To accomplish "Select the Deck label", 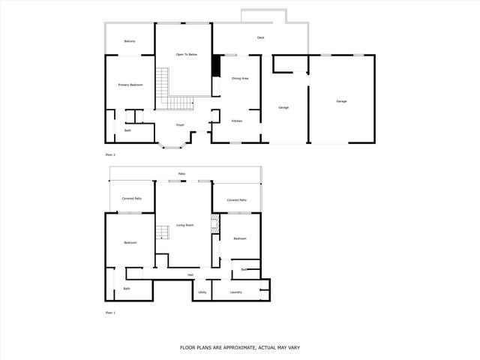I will [260, 37].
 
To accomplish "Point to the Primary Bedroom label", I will [130, 85].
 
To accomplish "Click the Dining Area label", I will [240, 78].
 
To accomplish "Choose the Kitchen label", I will [236, 121].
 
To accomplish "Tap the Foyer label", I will [180, 124].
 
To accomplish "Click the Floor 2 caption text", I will [110, 154].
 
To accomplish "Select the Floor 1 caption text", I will [110, 312].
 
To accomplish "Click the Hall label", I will [190, 274].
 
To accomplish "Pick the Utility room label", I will [202, 292].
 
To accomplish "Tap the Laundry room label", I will [235, 292].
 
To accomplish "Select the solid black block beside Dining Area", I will [216, 67].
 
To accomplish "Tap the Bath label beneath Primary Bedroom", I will [127, 130].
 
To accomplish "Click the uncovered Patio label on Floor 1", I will [181, 173].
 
